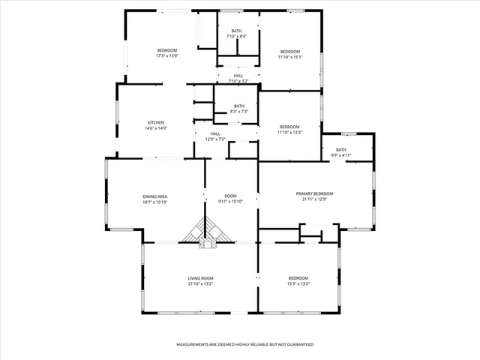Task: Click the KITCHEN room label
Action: pos(156,122)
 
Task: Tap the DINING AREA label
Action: pos(155,196)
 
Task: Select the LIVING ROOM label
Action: pos(200,278)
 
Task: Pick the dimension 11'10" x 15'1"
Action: pos(289,56)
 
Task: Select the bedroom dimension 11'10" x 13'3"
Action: pos(289,131)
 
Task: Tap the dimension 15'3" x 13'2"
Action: pos(298,283)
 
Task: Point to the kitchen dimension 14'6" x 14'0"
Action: pos(156,127)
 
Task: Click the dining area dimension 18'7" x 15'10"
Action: pos(155,202)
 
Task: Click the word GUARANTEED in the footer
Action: pos(298,344)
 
